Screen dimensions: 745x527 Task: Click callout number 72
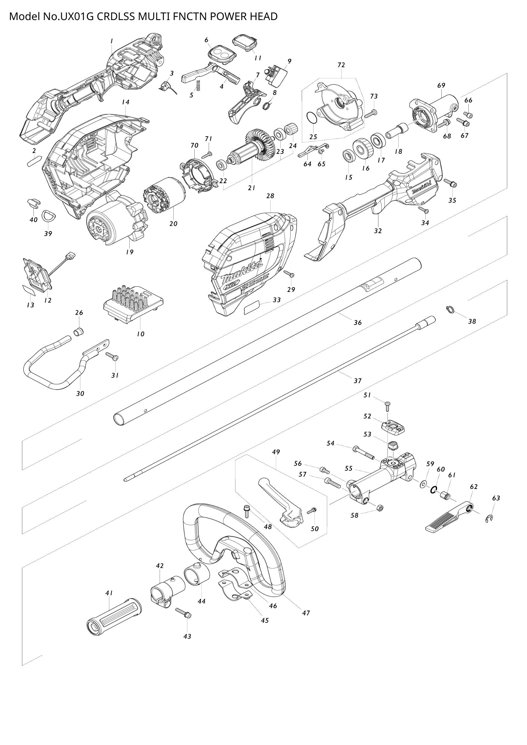(x=341, y=65)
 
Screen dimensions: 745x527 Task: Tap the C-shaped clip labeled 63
(x=489, y=519)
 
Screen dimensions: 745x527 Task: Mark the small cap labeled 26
(x=78, y=332)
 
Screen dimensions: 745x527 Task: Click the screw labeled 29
(x=289, y=274)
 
